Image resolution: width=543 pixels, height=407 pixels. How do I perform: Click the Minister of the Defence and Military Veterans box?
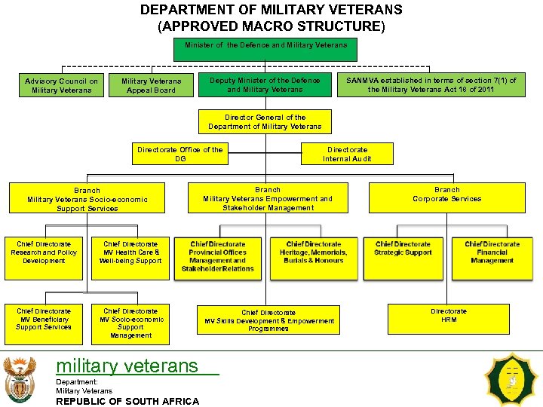[x=265, y=50]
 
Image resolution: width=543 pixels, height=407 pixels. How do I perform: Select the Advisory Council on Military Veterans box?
[x=61, y=85]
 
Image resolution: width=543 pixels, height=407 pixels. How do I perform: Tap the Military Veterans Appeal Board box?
[x=151, y=85]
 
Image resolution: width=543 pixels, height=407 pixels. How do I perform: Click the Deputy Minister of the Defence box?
[x=265, y=85]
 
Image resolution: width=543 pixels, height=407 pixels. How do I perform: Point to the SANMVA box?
[x=431, y=85]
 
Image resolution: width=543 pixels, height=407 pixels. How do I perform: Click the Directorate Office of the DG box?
[x=179, y=154]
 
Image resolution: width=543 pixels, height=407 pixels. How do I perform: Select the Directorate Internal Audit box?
[x=347, y=154]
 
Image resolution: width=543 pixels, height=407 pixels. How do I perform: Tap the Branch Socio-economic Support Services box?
[x=87, y=198]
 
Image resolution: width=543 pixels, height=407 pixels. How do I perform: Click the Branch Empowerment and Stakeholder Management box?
[x=268, y=198]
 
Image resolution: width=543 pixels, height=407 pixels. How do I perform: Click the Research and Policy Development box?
[x=44, y=259]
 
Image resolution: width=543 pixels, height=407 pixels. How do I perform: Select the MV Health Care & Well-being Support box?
[x=130, y=259]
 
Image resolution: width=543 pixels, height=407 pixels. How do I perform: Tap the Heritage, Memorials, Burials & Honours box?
[x=314, y=259]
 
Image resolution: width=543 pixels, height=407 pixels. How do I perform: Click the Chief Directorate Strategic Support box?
[x=403, y=259]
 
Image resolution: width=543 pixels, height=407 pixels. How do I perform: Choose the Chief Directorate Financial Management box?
[x=492, y=259]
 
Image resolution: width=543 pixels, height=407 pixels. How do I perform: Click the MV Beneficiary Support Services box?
[x=44, y=324]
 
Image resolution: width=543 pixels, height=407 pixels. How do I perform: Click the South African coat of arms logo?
[x=19, y=379]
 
